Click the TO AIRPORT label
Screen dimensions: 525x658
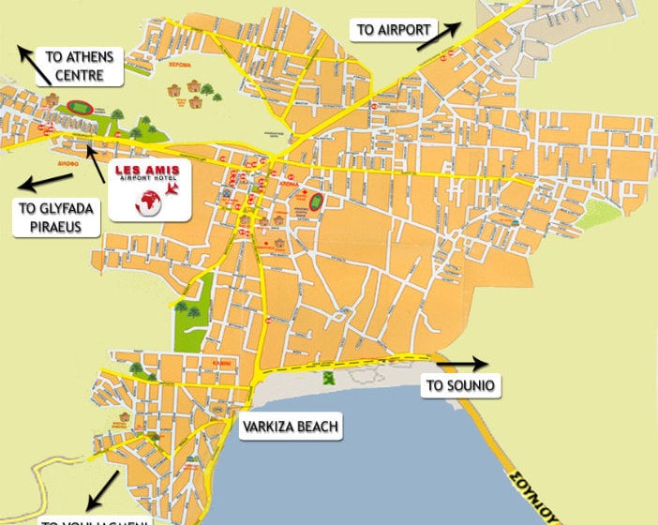(394, 29)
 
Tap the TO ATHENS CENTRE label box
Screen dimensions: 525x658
(79, 66)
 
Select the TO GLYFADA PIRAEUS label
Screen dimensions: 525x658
(54, 217)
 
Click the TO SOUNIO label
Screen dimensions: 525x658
(459, 384)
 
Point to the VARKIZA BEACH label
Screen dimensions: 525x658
(290, 427)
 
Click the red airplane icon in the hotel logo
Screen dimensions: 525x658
(172, 189)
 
